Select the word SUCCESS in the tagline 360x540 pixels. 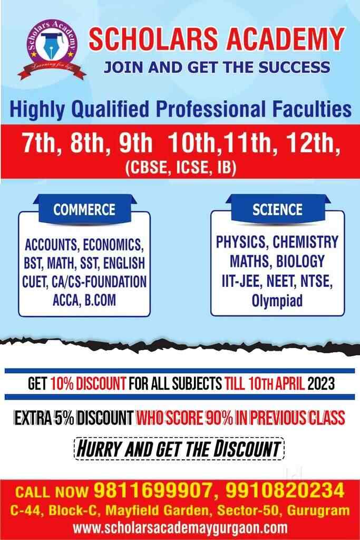coord(294,67)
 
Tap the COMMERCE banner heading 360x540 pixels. coord(84,209)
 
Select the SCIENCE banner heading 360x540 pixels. coord(277,209)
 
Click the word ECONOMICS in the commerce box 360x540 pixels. coord(113,245)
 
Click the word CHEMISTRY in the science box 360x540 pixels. coord(306,242)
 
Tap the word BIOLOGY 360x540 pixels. coord(300,261)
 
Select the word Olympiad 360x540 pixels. coord(277,300)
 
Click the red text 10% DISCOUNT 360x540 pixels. coord(89,383)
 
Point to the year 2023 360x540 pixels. coord(321,383)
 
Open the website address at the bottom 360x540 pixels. coord(180,527)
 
